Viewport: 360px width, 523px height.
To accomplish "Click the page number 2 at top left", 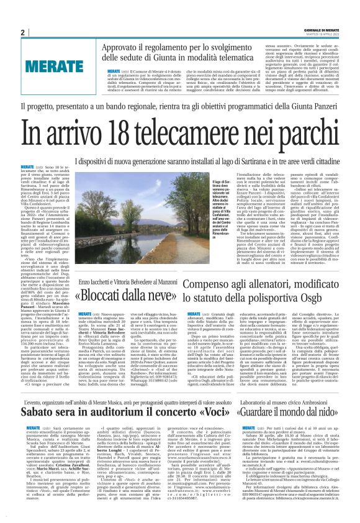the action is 22,32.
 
